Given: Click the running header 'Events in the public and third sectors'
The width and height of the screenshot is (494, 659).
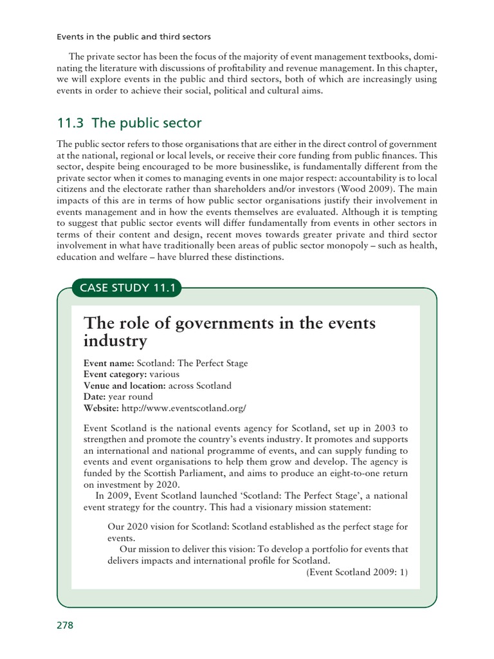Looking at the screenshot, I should click(x=134, y=37).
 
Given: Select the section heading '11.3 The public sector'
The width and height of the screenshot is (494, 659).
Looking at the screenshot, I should click(x=129, y=122).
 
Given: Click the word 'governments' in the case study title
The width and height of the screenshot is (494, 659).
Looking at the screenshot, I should click(x=210, y=323).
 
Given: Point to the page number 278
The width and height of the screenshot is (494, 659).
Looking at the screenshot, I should click(x=66, y=626).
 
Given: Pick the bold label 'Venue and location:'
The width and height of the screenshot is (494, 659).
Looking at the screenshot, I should click(x=125, y=385).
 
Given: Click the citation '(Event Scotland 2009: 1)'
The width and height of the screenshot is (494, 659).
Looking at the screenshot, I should click(x=357, y=571).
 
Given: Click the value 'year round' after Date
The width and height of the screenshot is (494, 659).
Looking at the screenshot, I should click(x=131, y=396).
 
